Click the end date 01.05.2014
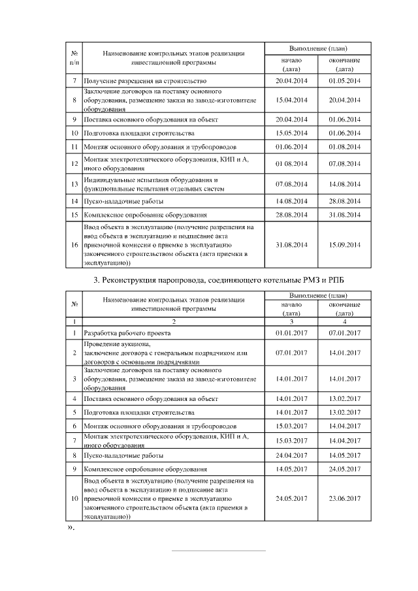pyautogui.click(x=344, y=80)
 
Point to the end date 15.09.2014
pyautogui.click(x=344, y=244)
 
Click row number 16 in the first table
pyautogui.click(x=74, y=244)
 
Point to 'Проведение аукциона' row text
pyautogui.click(x=118, y=344)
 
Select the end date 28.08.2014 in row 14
pyautogui.click(x=344, y=201)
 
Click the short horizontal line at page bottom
pyautogui.click(x=219, y=551)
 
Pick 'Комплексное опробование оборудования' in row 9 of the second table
pyautogui.click(x=145, y=469)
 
